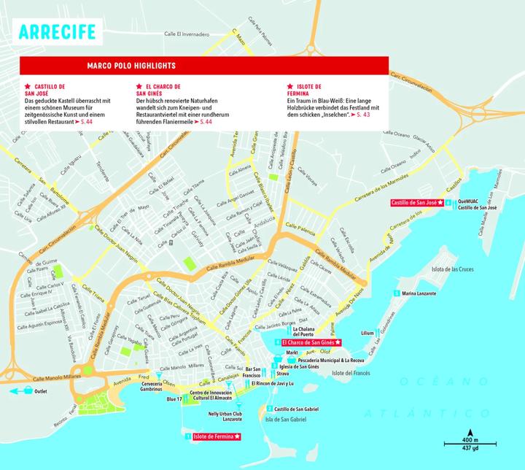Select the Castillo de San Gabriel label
coord(297,409)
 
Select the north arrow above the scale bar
coord(470,430)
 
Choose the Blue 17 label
coord(174,399)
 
